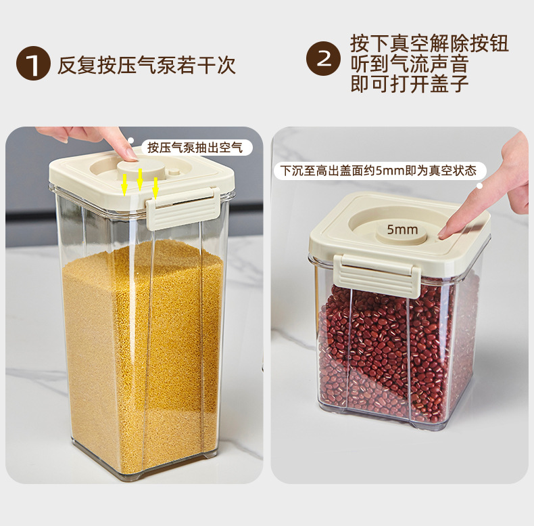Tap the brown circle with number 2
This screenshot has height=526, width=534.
[324, 59]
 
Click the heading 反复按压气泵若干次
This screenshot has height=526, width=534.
[147, 65]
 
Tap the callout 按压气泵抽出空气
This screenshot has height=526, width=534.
[195, 147]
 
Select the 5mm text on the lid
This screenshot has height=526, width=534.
[402, 230]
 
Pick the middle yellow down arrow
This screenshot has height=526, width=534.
[140, 180]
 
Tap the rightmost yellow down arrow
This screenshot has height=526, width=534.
[155, 188]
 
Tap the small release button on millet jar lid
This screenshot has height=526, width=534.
[174, 172]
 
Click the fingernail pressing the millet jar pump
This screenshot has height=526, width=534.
[130, 155]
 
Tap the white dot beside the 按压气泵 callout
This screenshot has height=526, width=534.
[131, 140]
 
